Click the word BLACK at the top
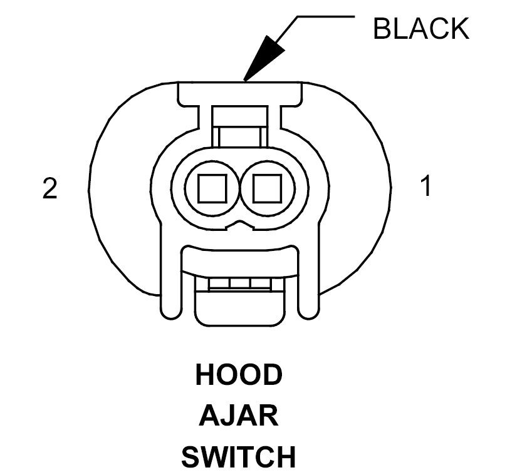(421, 29)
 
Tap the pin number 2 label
(50, 188)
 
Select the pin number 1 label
(426, 186)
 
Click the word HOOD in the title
(239, 375)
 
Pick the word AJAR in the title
(239, 416)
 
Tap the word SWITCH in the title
(239, 457)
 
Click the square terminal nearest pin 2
(212, 188)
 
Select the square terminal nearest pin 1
(268, 188)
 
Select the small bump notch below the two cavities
(239, 225)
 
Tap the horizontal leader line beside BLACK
(326, 16)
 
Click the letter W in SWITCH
(217, 457)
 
